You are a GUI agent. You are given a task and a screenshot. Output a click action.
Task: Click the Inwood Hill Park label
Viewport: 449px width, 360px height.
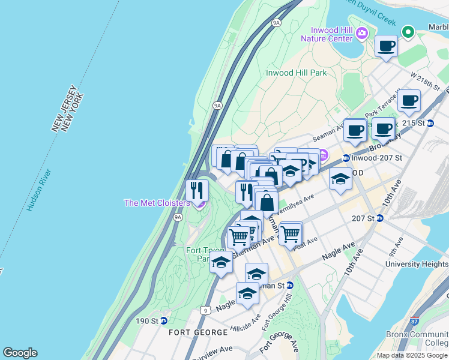click(x=296, y=73)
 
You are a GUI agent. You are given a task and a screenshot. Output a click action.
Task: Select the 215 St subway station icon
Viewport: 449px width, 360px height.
click(x=430, y=123)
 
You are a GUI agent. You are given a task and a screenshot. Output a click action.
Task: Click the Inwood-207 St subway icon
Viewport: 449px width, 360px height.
click(x=346, y=158)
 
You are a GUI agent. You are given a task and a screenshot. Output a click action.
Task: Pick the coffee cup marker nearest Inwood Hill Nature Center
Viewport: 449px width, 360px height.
click(x=387, y=46)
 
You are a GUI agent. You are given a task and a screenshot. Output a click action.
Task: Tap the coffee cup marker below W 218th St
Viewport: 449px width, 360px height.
click(x=409, y=100)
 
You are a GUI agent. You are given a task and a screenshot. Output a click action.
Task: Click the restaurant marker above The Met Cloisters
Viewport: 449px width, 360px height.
click(x=197, y=191)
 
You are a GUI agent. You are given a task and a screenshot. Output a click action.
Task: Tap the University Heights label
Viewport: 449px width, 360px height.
click(x=417, y=264)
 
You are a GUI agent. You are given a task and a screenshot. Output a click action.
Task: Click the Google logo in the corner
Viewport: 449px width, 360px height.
click(x=20, y=353)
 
